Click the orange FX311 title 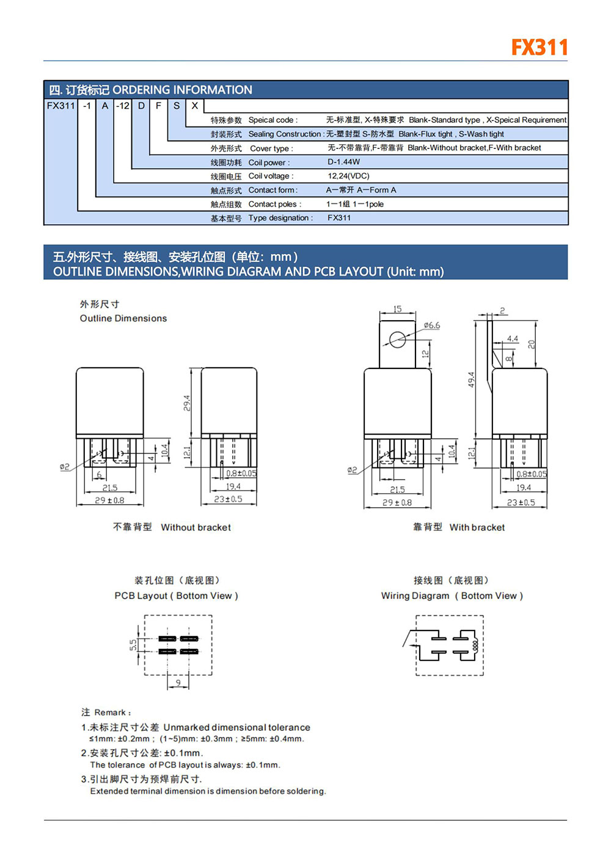click(540, 48)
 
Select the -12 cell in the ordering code click(123, 106)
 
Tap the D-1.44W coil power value click(343, 162)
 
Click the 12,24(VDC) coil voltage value click(348, 176)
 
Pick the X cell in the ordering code click(195, 106)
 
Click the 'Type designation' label click(280, 218)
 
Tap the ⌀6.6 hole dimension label click(432, 326)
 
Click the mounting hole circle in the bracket click(398, 339)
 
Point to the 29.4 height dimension click(186, 403)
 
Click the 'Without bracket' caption click(196, 527)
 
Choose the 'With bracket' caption click(477, 527)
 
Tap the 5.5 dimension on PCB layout click(133, 645)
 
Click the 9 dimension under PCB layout click(178, 683)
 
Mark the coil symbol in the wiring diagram click(474, 645)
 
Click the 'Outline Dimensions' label click(123, 318)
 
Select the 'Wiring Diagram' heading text click(415, 596)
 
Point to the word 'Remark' click(110, 712)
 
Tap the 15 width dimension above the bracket click(397, 309)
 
